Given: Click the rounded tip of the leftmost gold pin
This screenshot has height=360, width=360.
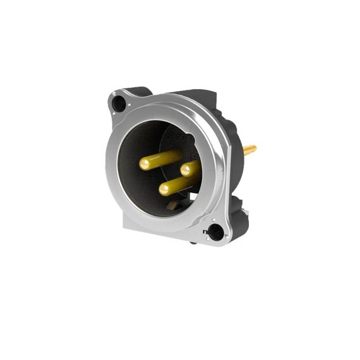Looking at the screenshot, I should click(145, 164).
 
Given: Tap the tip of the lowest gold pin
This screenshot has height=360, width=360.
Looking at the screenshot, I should click(164, 188).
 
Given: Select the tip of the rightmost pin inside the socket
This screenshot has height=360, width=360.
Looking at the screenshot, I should click(186, 170).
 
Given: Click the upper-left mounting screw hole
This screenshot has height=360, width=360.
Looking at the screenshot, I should click(119, 104).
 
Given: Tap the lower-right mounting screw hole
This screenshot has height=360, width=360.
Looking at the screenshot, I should click(216, 232).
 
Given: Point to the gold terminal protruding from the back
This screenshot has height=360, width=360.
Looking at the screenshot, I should click(249, 150).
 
